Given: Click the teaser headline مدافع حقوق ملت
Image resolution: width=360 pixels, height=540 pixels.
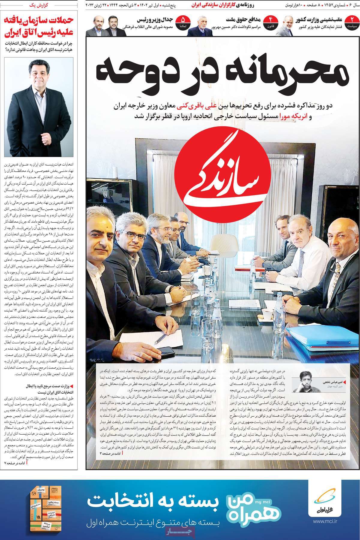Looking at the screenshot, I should (x=243, y=20).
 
